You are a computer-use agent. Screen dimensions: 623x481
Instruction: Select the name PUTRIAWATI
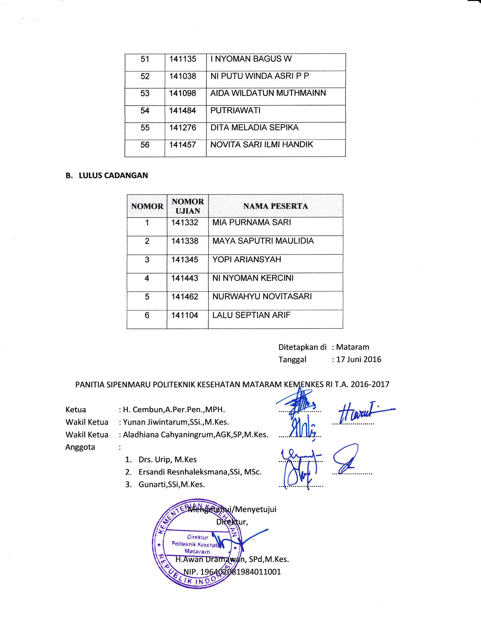pyautogui.click(x=235, y=110)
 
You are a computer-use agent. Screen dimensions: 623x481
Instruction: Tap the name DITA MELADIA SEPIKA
pyautogui.click(x=254, y=127)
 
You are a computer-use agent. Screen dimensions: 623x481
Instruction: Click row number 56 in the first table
pyautogui.click(x=145, y=145)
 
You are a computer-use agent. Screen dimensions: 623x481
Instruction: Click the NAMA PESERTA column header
pyautogui.click(x=276, y=206)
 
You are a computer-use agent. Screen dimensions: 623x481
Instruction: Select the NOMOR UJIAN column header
pyautogui.click(x=188, y=206)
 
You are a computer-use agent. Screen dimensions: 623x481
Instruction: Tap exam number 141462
pyautogui.click(x=185, y=296)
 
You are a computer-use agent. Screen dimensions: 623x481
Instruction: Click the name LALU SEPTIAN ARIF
pyautogui.click(x=251, y=315)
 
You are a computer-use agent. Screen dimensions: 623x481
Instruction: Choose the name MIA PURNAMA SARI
pyautogui.click(x=251, y=222)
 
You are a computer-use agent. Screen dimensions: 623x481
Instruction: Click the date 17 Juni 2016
pyautogui.click(x=358, y=359)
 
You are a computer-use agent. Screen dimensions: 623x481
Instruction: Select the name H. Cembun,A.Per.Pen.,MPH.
pyautogui.click(x=174, y=410)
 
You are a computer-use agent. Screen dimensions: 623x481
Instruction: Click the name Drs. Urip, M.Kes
pyautogui.click(x=168, y=459)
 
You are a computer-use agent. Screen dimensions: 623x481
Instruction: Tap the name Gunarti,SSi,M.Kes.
pyautogui.click(x=172, y=484)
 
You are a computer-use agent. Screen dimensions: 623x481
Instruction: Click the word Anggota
pyautogui.click(x=80, y=447)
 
